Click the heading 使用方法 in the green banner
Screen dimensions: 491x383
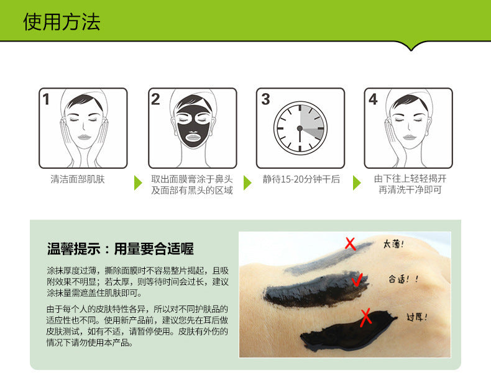click(x=62, y=22)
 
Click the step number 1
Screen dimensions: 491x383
click(x=46, y=99)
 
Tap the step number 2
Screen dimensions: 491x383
click(x=155, y=99)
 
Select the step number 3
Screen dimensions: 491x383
click(x=265, y=99)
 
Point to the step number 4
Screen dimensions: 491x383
click(x=373, y=99)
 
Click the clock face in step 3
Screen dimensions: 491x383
click(x=300, y=128)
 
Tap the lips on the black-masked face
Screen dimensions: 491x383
click(x=193, y=137)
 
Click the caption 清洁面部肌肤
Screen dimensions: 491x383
click(x=78, y=179)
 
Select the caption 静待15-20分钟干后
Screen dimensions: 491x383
click(x=301, y=179)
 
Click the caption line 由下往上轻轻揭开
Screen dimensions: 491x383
click(x=410, y=179)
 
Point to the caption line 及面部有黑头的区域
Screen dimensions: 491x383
click(x=192, y=190)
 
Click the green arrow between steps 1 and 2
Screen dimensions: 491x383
click(x=138, y=182)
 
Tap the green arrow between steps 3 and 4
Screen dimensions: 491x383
click(x=357, y=182)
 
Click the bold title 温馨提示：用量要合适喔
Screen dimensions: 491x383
click(x=120, y=249)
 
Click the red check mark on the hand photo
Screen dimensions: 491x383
click(x=357, y=279)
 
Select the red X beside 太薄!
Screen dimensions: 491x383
click(x=351, y=243)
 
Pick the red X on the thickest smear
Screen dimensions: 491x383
click(x=365, y=318)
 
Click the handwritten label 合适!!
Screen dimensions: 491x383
click(x=403, y=279)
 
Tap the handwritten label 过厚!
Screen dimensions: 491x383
click(x=416, y=317)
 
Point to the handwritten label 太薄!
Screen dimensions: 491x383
click(x=393, y=244)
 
